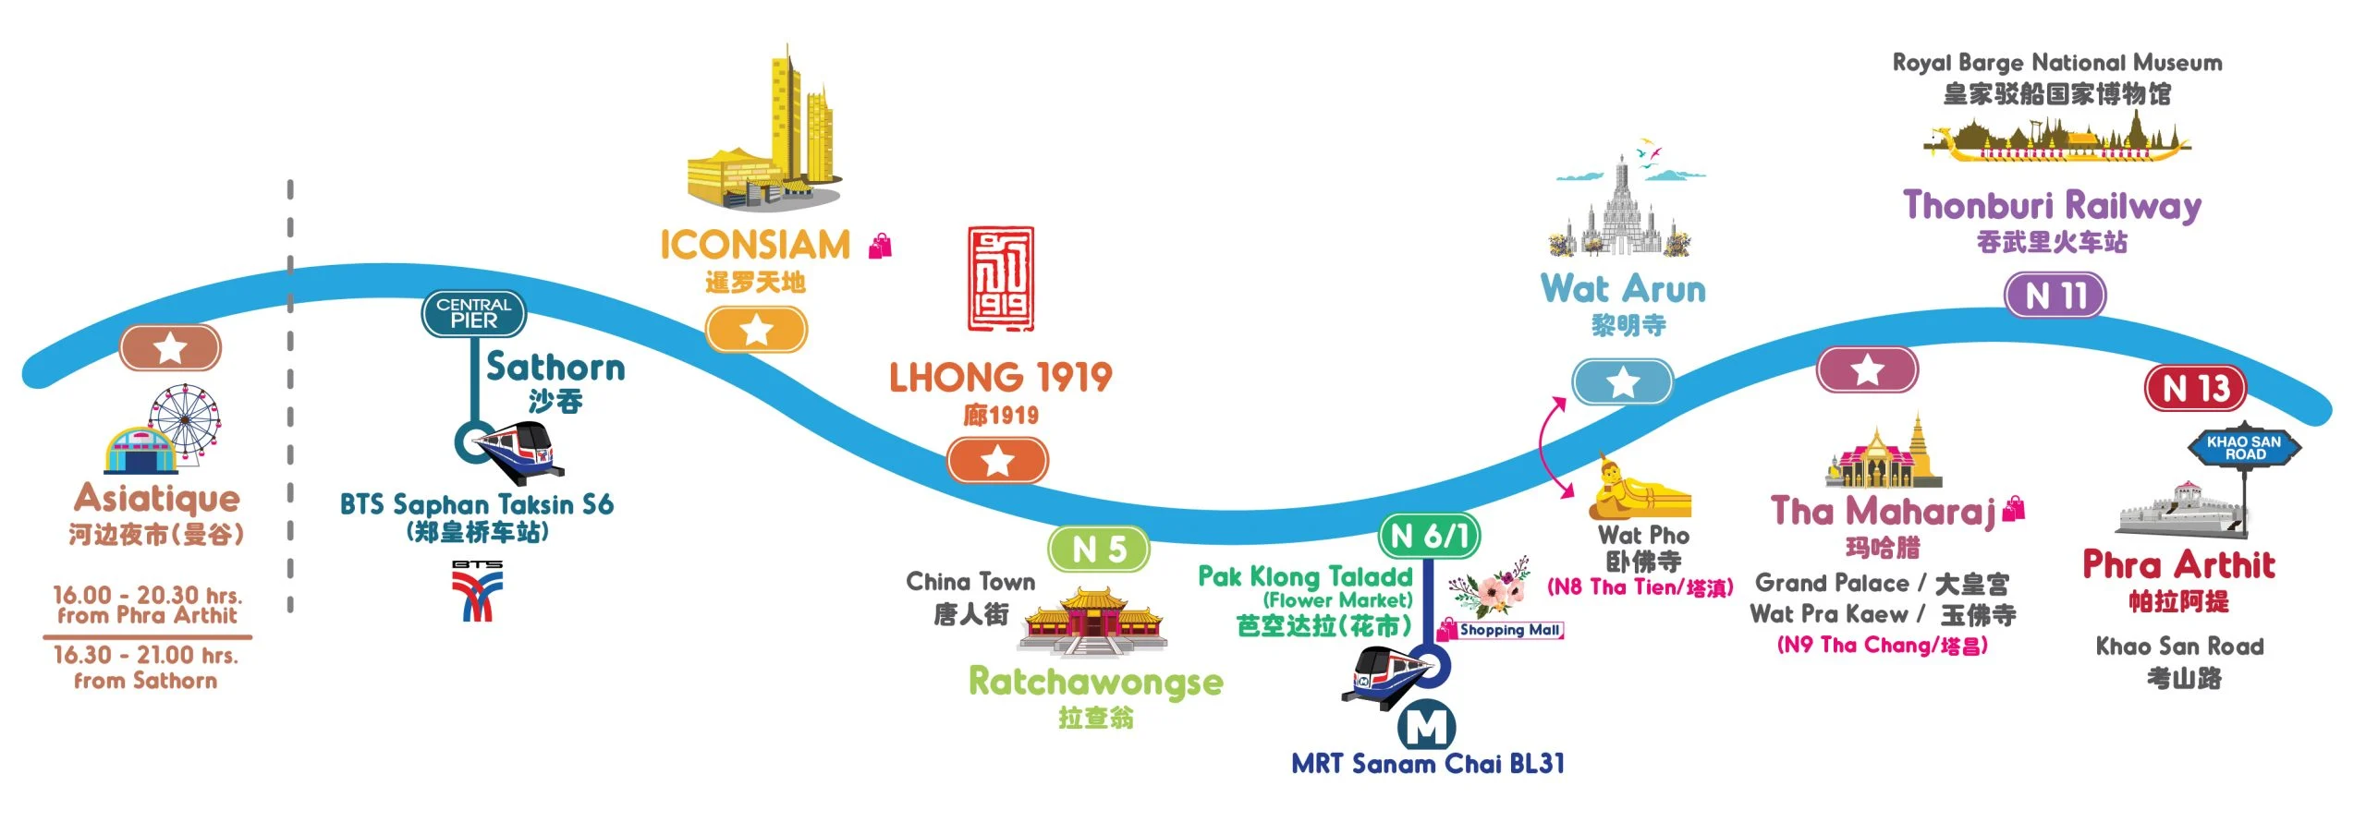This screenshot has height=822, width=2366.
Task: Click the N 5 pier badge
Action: pos(1099,549)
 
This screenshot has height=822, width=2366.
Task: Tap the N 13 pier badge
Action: pos(2195,388)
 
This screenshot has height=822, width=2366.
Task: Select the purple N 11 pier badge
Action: pos(2055,296)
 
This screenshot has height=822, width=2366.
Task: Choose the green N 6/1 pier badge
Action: pos(1429,535)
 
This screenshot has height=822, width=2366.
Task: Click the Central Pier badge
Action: pos(474,313)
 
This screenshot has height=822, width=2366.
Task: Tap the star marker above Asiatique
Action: pos(170,348)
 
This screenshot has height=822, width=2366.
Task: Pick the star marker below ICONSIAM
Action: pos(756,330)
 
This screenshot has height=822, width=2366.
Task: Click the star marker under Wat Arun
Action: pos(1623,381)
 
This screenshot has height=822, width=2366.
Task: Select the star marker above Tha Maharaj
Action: pos(1867,370)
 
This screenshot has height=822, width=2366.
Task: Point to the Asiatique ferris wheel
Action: pos(186,421)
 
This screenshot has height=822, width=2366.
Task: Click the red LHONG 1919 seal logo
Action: pos(1000,279)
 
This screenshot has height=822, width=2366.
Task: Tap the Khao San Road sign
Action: pos(2244,448)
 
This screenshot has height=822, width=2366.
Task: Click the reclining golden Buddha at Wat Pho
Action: pos(1640,489)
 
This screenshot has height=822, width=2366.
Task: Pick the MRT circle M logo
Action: pos(1426,726)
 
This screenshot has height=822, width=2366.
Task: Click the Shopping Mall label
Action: pos(1501,630)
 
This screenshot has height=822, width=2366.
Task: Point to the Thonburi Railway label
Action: pos(2052,206)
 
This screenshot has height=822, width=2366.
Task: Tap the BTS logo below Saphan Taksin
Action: pos(477,590)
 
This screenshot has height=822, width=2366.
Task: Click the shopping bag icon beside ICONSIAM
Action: pos(881,246)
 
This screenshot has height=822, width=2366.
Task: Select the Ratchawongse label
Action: pos(1095,683)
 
